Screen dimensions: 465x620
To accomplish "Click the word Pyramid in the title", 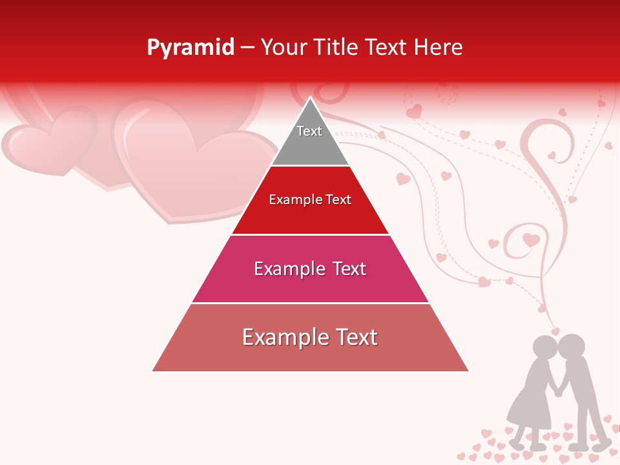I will pos(191,48).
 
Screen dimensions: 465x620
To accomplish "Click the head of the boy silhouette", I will pos(572,347).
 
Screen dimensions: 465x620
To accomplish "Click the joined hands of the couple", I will pos(558,391).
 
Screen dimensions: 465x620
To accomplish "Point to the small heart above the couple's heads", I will pos(555,331).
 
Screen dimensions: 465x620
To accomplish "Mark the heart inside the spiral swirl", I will pos(531,240).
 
